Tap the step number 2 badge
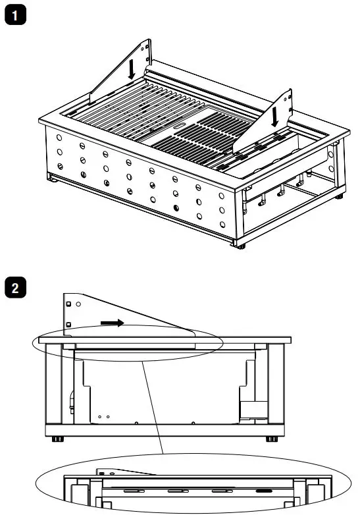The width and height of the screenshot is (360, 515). (14, 288)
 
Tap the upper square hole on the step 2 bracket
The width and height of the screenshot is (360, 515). (68, 304)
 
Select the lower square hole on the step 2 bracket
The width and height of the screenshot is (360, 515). (68, 325)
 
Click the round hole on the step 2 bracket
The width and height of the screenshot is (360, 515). (78, 304)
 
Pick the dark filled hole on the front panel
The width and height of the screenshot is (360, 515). (175, 208)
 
